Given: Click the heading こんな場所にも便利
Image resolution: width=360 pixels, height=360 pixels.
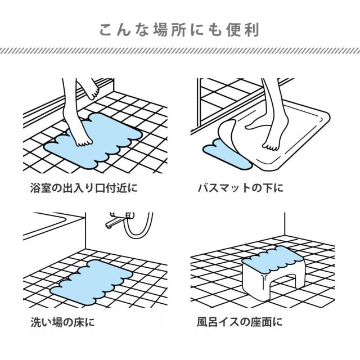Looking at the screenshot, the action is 179,30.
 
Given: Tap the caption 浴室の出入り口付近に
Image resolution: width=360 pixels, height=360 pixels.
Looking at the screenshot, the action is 84,188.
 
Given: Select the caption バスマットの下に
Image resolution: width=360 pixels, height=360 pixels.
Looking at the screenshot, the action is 240,188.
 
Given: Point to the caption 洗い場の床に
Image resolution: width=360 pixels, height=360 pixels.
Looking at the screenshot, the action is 62,322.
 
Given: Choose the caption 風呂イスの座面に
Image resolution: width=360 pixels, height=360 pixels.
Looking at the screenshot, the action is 240,322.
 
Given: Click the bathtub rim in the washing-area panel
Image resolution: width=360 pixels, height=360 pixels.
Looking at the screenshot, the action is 53,226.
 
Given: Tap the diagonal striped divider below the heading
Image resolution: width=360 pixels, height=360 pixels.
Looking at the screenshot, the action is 180,51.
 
